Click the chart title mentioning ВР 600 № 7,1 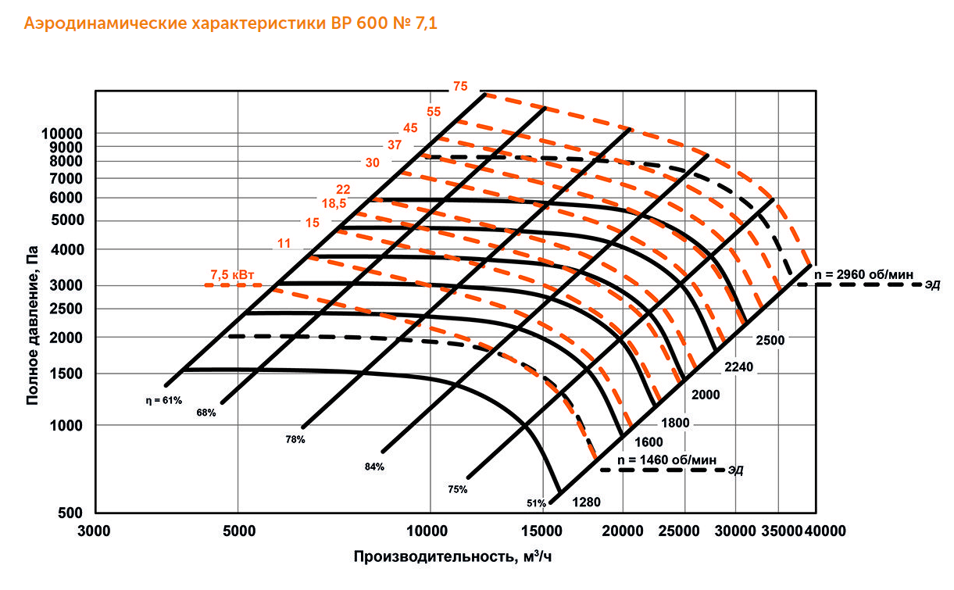click(231, 23)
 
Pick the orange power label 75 click(459, 87)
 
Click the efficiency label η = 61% click(163, 400)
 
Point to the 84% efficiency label click(374, 467)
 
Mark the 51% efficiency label click(537, 502)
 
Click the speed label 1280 click(586, 502)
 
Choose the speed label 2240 click(738, 367)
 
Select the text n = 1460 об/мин click(667, 459)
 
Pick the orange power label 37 click(395, 145)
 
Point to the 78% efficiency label click(295, 440)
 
